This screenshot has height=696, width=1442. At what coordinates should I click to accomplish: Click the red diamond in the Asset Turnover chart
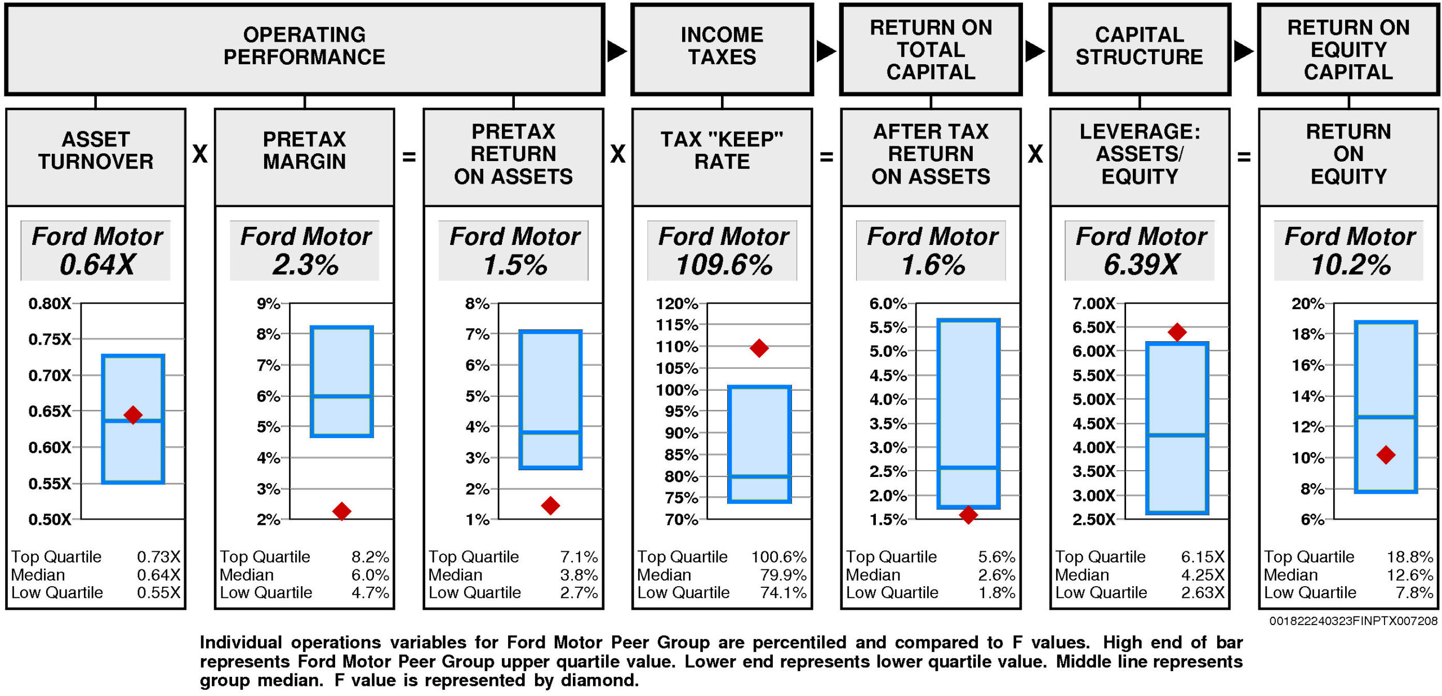pyautogui.click(x=133, y=415)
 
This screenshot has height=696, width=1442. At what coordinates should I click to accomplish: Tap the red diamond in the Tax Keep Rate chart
pyautogui.click(x=759, y=348)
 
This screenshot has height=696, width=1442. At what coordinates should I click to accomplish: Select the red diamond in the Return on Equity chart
pyautogui.click(x=1386, y=454)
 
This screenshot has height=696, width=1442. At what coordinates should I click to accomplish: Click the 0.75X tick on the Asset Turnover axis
pyautogui.click(x=50, y=339)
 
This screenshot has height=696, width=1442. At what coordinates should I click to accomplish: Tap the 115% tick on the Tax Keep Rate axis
pyautogui.click(x=677, y=325)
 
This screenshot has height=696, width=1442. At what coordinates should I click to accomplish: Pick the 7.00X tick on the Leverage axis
pyautogui.click(x=1093, y=304)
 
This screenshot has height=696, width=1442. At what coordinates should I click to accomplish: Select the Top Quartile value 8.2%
pyautogui.click(x=370, y=557)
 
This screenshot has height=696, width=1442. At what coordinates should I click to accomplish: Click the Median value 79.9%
pyautogui.click(x=783, y=575)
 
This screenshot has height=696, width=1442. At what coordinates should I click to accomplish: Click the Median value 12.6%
pyautogui.click(x=1409, y=575)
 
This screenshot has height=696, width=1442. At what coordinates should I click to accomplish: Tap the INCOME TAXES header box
pyautogui.click(x=722, y=50)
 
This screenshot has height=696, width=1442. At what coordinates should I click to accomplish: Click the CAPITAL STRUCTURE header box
pyautogui.click(x=1139, y=50)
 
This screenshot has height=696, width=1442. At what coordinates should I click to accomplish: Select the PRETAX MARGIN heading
pyautogui.click(x=304, y=150)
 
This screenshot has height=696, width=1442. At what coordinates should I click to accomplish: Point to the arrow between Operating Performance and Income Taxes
pyautogui.click(x=617, y=51)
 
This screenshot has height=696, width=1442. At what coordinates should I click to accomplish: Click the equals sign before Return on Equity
pyautogui.click(x=1244, y=157)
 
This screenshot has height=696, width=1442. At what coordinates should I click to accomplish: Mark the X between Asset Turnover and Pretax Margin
pyautogui.click(x=200, y=154)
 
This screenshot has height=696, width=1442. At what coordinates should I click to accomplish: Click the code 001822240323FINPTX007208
pyautogui.click(x=1353, y=621)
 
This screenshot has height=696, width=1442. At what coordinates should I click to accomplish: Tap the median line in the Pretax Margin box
pyautogui.click(x=341, y=396)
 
